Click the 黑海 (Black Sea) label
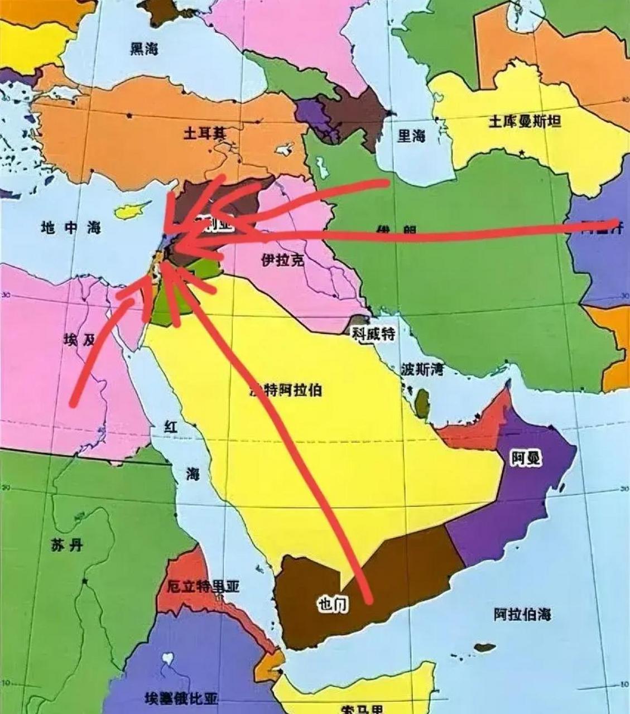pyautogui.click(x=144, y=49)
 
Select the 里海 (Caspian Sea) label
pyautogui.click(x=411, y=136)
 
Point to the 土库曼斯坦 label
pyautogui.click(x=525, y=122)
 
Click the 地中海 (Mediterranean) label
pyautogui.click(x=71, y=227)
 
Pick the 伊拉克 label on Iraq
pyautogui.click(x=283, y=259)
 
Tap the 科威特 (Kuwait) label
pyautogui.click(x=373, y=334)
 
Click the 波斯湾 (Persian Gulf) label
pyautogui.click(x=422, y=369)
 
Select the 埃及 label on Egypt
pyautogui.click(x=80, y=340)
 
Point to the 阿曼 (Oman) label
pyautogui.click(x=526, y=459)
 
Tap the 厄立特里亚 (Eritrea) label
pyautogui.click(x=203, y=587)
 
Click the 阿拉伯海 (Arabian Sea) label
pyautogui.click(x=522, y=614)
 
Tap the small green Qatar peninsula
pyautogui.click(x=422, y=399)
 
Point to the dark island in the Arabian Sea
pyautogui.click(x=484, y=648)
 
